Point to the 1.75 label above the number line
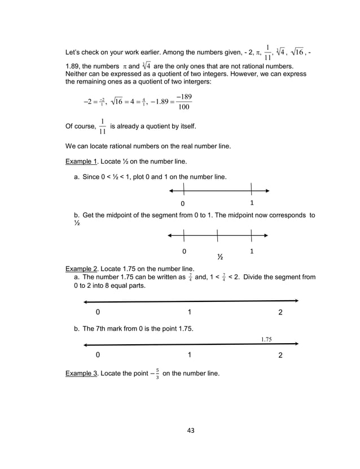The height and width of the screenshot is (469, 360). pos(267,339)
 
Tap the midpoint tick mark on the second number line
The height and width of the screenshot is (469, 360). pos(217,235)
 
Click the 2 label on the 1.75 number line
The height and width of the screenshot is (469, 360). pos(281,356)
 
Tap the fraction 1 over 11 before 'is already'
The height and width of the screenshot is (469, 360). pos(102,127)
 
